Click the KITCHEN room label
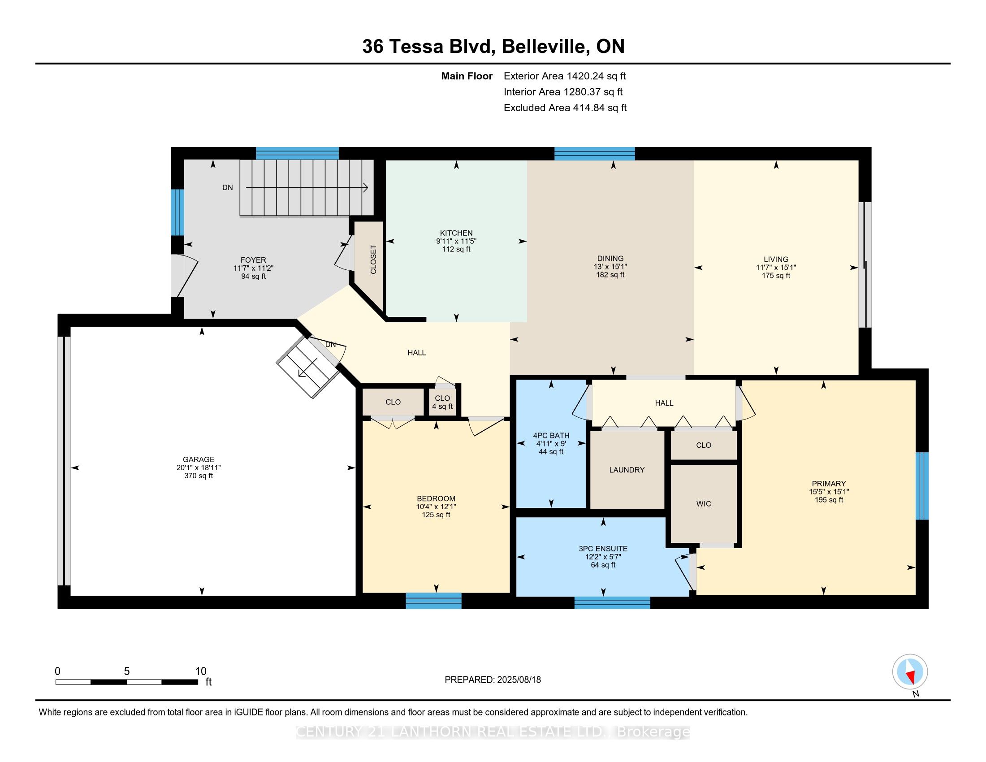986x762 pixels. (456, 233)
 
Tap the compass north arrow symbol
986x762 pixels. (910, 672)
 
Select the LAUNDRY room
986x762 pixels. (627, 470)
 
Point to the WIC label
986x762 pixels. (703, 504)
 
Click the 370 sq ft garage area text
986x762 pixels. (198, 476)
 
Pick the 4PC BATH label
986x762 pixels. (551, 436)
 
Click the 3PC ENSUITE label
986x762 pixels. (603, 549)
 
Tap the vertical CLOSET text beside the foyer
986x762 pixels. (373, 259)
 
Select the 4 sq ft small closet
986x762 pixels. (442, 402)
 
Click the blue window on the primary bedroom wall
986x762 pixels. (922, 486)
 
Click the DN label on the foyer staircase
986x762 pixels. (228, 187)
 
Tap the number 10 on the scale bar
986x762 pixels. (200, 671)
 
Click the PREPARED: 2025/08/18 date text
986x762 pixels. (493, 680)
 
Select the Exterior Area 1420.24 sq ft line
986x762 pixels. (564, 76)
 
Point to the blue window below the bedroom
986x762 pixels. (433, 601)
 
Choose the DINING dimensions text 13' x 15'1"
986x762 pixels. (610, 267)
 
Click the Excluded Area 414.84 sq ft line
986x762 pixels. (565, 108)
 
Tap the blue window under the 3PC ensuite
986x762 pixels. (612, 602)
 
